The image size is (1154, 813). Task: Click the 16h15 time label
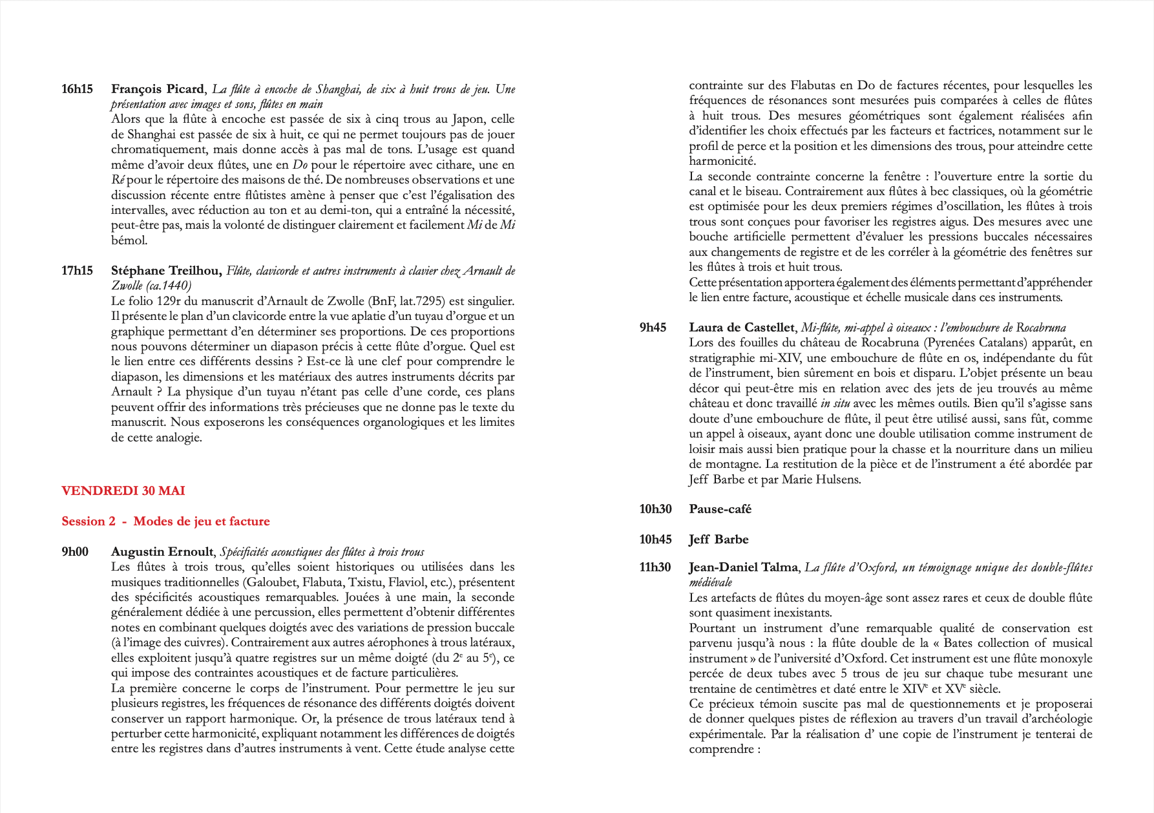click(77, 89)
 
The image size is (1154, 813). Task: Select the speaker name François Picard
click(158, 89)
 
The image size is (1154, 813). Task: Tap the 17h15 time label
click(77, 271)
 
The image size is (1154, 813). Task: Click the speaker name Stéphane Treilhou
click(166, 271)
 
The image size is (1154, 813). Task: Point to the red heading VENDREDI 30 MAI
click(123, 491)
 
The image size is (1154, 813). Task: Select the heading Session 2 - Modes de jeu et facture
click(165, 522)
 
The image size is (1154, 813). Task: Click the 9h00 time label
click(75, 552)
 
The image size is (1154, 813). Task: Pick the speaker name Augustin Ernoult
click(162, 552)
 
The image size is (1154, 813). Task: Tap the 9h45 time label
click(653, 328)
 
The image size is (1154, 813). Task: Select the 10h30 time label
click(655, 509)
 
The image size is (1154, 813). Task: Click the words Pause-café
click(720, 509)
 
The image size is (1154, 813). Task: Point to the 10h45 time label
click(655, 540)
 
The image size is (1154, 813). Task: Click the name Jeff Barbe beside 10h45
click(719, 540)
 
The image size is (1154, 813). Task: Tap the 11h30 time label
click(655, 567)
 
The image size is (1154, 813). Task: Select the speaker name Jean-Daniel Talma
click(743, 567)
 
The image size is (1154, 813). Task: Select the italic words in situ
click(835, 403)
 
